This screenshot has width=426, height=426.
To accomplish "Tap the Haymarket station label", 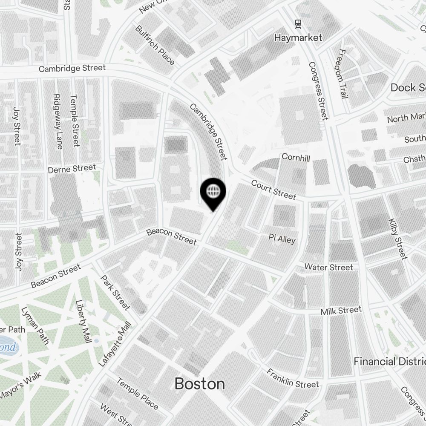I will pos(298,37).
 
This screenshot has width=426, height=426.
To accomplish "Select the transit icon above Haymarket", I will pos(298,23).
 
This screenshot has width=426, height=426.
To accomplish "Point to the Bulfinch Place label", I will pos(155,45).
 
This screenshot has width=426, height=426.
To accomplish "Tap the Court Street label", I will pos(273,190).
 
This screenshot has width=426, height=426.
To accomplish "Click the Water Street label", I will pos(328,267).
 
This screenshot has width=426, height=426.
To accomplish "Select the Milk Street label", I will pos(341,311).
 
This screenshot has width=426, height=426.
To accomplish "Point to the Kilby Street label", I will pos(398,239).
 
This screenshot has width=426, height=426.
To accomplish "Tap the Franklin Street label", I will pos(293,378).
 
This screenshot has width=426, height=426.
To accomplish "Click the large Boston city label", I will pos(199,384).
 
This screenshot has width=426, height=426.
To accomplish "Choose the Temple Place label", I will pos(137,393).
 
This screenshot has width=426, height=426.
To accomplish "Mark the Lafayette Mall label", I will pos(115,344).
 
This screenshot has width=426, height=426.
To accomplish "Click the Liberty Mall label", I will pos(83,322).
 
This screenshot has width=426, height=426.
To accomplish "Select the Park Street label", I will pos(115,292).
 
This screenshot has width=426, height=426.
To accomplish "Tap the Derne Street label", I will pos(72,169).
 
